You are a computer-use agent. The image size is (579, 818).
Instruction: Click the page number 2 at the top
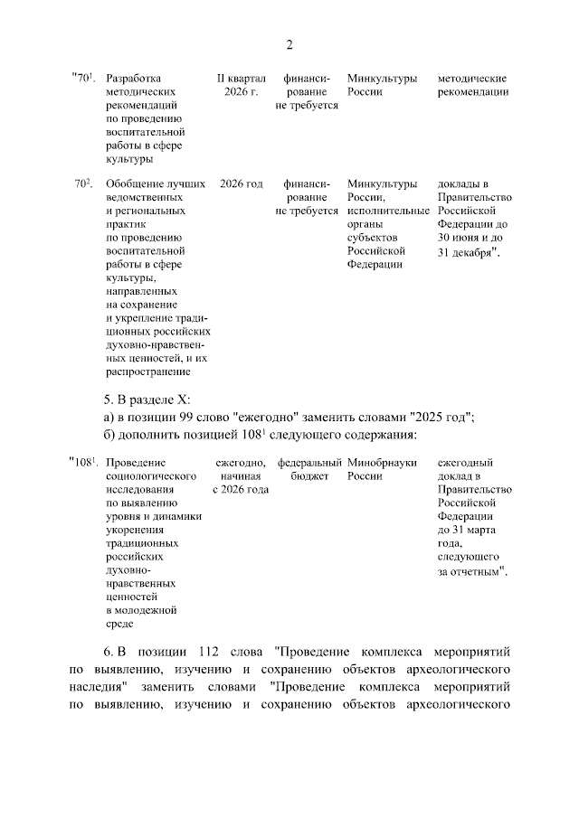pyautogui.click(x=289, y=44)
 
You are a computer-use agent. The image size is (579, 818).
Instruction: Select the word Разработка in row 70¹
pyautogui.click(x=136, y=79)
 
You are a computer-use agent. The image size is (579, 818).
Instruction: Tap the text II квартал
pyautogui.click(x=241, y=79)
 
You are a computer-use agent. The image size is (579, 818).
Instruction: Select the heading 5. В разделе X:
pyautogui.click(x=148, y=400)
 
